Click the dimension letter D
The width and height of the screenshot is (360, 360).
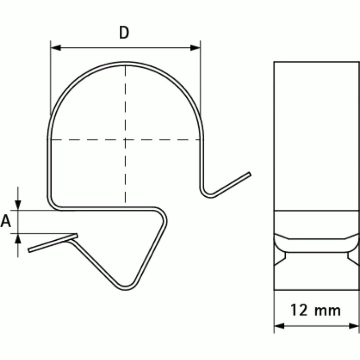tap(125, 33)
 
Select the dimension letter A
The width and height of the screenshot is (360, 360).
tap(6, 221)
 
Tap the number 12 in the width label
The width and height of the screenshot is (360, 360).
tap(297, 310)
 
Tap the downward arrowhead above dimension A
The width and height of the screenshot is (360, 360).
tap(18, 206)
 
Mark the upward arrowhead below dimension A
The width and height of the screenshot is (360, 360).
tap(18, 238)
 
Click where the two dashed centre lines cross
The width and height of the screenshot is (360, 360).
tap(125, 139)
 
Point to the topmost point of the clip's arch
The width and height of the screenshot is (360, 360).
tap(125, 63)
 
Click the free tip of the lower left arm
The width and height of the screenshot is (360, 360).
tap(29, 250)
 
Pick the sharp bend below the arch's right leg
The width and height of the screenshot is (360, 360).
tap(207, 194)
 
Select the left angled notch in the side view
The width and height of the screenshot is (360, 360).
tap(280, 256)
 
